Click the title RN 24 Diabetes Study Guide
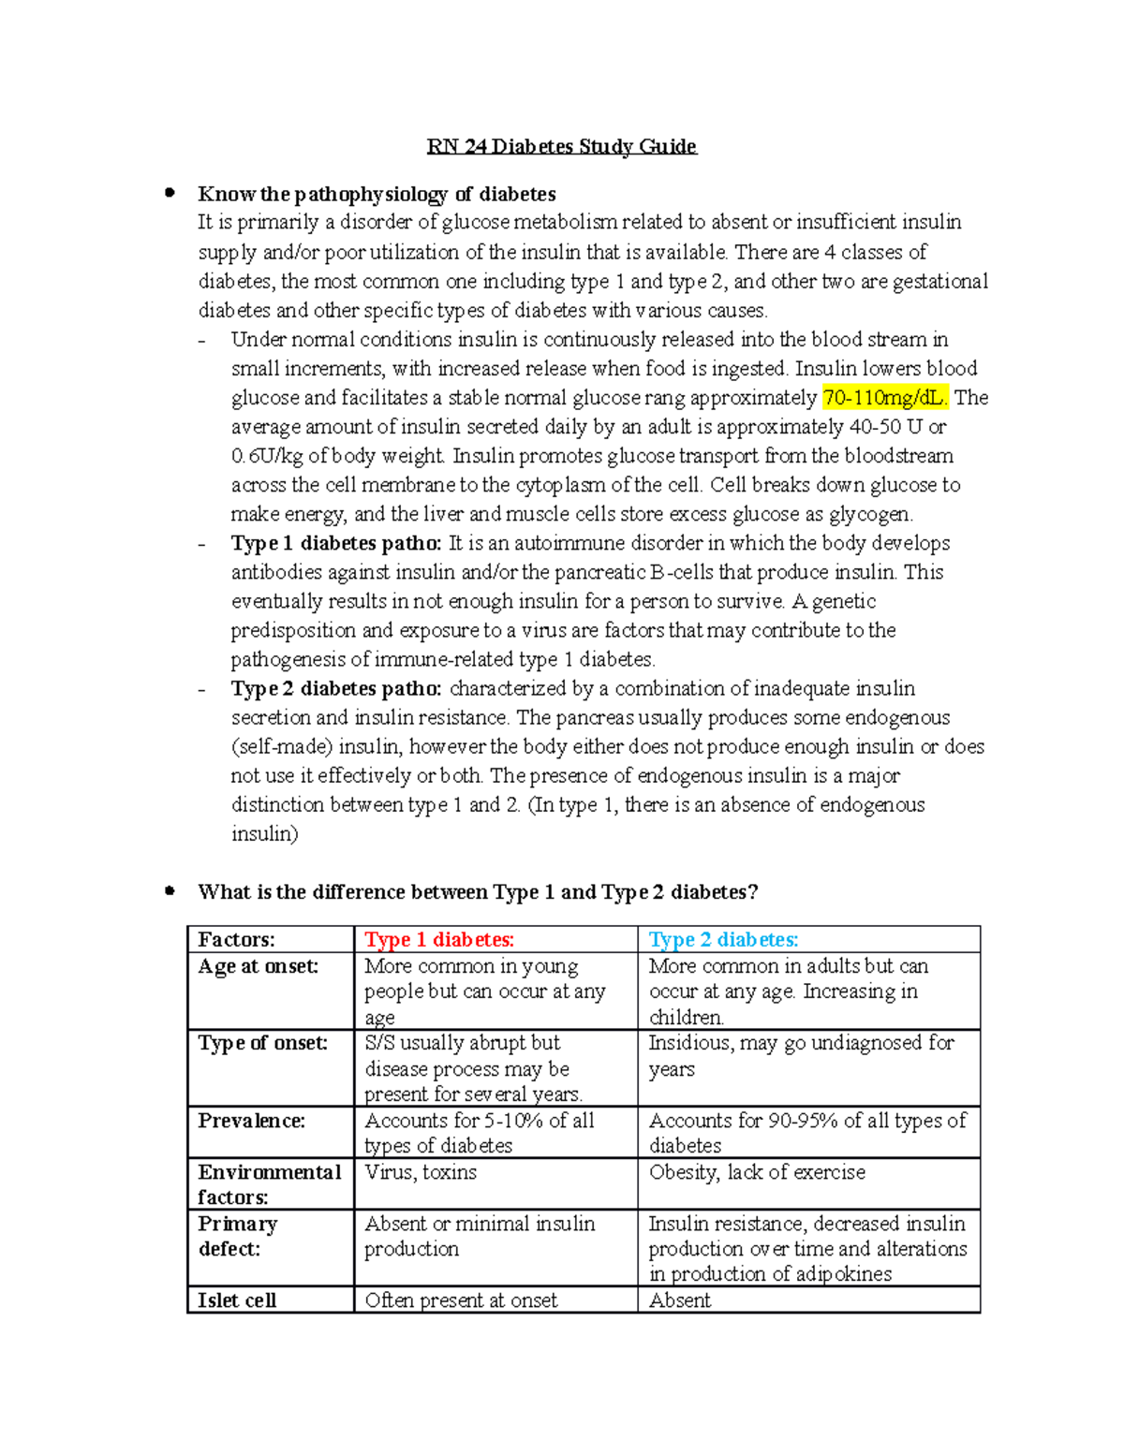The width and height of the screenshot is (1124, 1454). [x=561, y=146]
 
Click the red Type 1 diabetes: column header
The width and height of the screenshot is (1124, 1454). [x=439, y=939]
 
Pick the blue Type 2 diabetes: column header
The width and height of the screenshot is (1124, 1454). [x=723, y=939]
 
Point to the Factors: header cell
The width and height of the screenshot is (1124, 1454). [x=237, y=939]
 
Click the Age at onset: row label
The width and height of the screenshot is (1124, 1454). [x=259, y=966]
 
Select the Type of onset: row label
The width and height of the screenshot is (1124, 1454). [x=263, y=1043]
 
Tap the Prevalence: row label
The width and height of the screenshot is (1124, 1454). [x=252, y=1121]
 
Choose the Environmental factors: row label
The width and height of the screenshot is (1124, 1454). [x=269, y=1184]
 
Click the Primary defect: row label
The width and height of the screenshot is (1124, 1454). [x=237, y=1236]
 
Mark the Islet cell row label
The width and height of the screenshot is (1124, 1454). [x=237, y=1300]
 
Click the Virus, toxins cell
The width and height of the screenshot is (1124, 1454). [x=421, y=1172]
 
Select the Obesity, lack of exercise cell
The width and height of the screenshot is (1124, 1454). [x=757, y=1172]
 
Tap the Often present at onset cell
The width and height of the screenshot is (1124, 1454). [x=461, y=1300]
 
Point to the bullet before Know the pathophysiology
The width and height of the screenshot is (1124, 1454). [x=170, y=193]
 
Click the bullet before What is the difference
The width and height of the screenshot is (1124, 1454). [x=170, y=891]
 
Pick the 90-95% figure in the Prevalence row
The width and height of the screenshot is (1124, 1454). [x=803, y=1121]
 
